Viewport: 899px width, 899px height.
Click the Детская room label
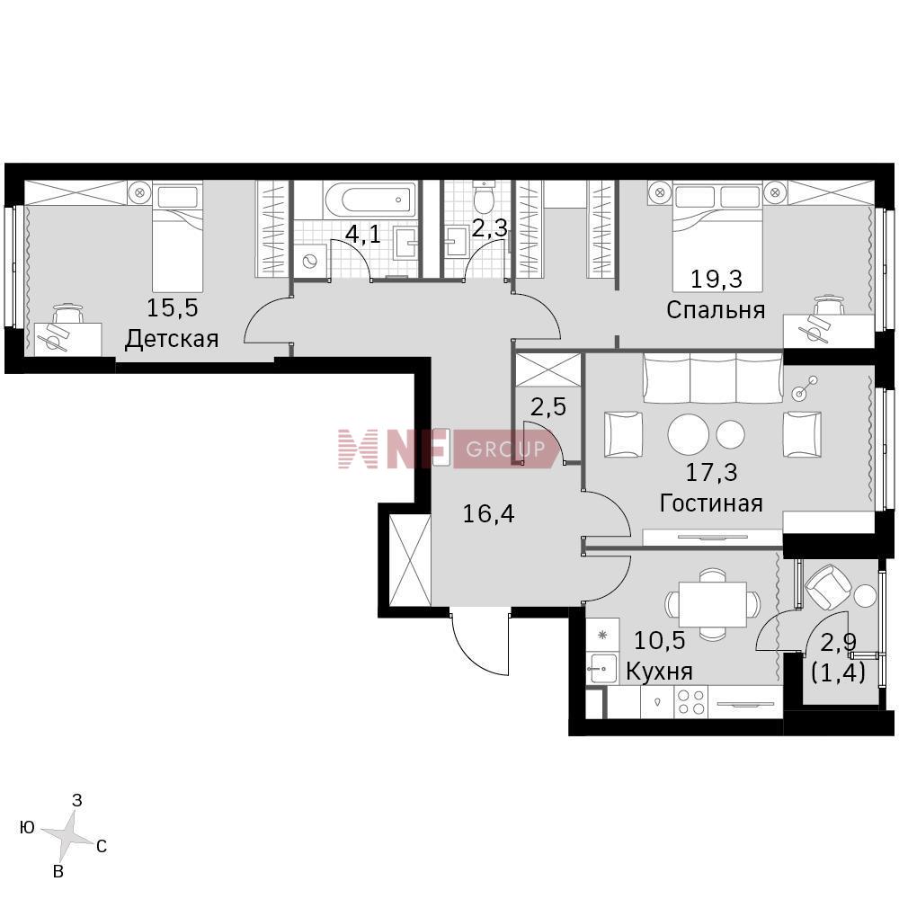tap(172, 339)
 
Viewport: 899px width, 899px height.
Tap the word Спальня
tap(716, 310)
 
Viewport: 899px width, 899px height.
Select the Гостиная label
tap(711, 503)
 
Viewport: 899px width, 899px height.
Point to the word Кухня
tap(659, 671)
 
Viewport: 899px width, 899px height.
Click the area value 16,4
tap(488, 513)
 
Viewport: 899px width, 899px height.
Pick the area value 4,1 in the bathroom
tap(363, 234)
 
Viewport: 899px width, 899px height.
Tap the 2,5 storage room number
tap(548, 407)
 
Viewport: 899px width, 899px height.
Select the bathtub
tap(369, 200)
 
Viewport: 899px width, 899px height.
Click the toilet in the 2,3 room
tap(485, 196)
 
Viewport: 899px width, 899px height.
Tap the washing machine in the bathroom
tap(310, 262)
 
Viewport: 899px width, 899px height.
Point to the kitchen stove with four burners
tap(691, 701)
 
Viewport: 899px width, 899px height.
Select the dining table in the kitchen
tap(713, 604)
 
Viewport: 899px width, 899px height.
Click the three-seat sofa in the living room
tap(713, 378)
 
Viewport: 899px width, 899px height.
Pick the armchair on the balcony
tap(829, 587)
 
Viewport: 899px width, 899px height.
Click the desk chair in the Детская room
tap(68, 314)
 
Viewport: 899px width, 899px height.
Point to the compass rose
tap(68, 834)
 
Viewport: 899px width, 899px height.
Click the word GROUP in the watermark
tap(505, 449)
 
